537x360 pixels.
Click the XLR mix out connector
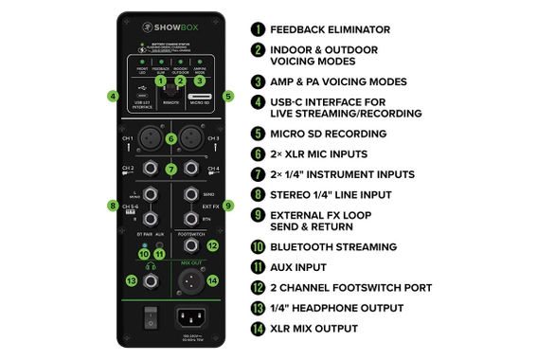tap(192, 281)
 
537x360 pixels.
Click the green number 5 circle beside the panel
tap(227, 96)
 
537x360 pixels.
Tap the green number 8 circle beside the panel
tap(114, 206)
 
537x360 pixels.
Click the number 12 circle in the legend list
tap(259, 288)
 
